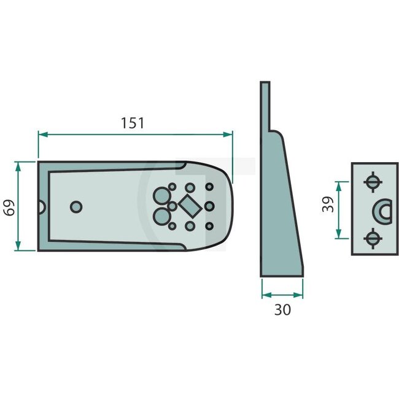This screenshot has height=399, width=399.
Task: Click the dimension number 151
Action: click(x=132, y=123)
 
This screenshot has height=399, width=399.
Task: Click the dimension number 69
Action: click(x=9, y=206)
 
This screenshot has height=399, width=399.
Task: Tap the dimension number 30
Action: click(x=282, y=310)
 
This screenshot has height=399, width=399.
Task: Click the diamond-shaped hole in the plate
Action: click(x=190, y=206)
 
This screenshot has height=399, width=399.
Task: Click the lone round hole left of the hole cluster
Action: click(x=76, y=207)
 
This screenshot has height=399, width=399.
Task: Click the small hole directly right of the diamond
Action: click(x=209, y=206)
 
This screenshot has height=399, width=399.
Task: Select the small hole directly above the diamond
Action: click(x=190, y=187)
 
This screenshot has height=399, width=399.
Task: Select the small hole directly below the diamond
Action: click(x=190, y=227)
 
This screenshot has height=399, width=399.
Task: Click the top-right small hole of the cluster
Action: click(x=209, y=187)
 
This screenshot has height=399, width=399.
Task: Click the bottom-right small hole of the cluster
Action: click(x=209, y=227)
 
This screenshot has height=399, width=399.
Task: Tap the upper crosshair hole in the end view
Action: click(x=371, y=182)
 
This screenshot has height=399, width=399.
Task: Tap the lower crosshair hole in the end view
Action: click(x=371, y=237)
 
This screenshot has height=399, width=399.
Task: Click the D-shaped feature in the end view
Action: click(x=382, y=210)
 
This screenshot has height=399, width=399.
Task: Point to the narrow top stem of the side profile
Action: click(x=265, y=104)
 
